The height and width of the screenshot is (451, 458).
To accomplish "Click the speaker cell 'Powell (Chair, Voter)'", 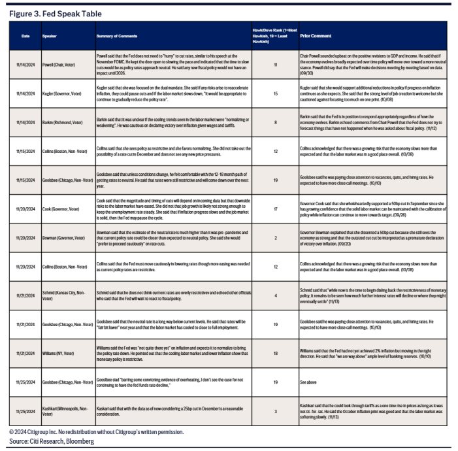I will point(60,65).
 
